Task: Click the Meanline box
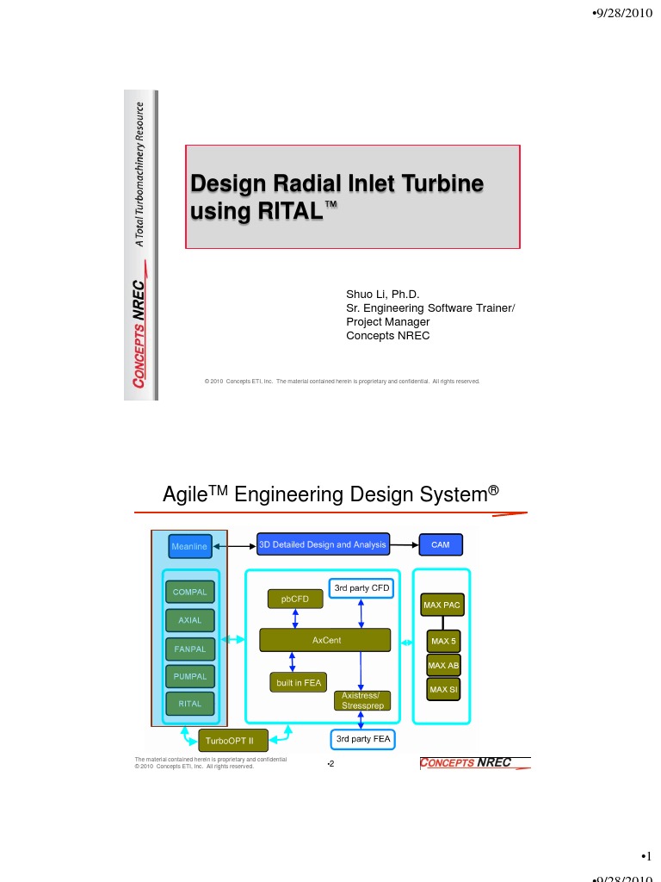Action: coord(189,546)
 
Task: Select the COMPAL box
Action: coord(189,593)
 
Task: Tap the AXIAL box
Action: coord(189,620)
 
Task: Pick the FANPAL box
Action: coord(189,648)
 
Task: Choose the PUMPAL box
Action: coord(189,676)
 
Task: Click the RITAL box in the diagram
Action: coord(189,704)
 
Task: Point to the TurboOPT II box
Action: coord(233,740)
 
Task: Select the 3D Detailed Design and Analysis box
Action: coord(324,544)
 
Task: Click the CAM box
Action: coord(441,545)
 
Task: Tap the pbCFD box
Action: coord(295,597)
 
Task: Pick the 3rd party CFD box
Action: coord(361,588)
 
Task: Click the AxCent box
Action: coord(325,641)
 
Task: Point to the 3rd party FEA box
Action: coord(362,739)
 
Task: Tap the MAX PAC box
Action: coord(442,606)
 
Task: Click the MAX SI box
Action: coord(443,689)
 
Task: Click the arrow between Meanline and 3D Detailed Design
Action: coord(234,545)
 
